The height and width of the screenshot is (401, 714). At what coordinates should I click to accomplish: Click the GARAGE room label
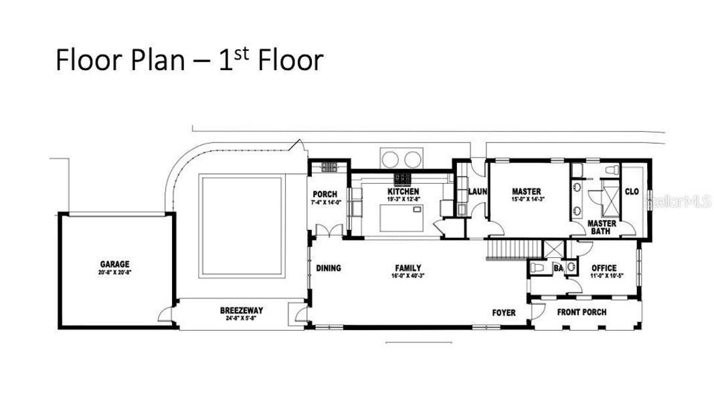click(114, 264)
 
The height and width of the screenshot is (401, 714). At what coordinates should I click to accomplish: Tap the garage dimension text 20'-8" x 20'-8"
click(114, 273)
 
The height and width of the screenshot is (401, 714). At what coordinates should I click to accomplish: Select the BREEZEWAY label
click(241, 311)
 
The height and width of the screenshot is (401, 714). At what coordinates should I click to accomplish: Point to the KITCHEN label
click(404, 192)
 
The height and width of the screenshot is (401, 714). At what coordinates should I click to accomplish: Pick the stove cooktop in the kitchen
click(403, 178)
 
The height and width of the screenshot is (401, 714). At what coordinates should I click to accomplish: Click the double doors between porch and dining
click(329, 231)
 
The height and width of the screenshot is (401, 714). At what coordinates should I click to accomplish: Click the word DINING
click(328, 268)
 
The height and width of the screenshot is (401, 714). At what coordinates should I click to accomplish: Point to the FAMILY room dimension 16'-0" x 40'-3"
click(408, 276)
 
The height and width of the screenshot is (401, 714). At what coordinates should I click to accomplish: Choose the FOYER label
click(504, 313)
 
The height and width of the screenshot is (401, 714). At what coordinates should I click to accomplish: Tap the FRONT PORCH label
click(582, 312)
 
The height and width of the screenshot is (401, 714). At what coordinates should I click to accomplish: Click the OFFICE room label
click(604, 268)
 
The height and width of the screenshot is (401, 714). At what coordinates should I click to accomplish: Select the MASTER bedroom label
click(526, 192)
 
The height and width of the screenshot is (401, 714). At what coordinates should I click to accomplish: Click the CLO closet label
click(632, 192)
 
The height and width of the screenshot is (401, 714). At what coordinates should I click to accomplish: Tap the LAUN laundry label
click(477, 192)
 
